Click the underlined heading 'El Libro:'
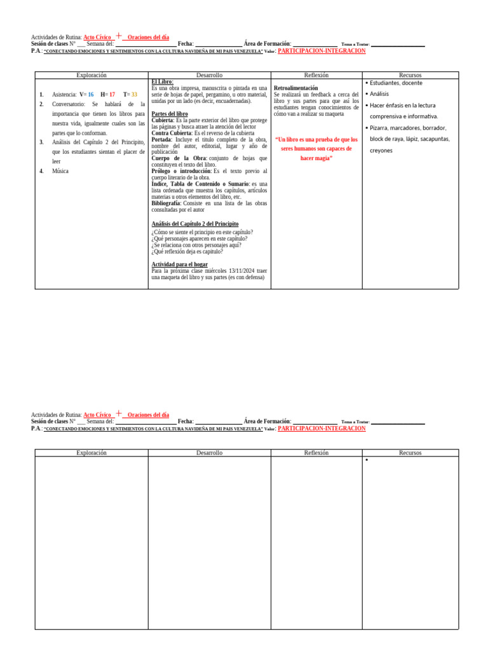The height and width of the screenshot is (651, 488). [163, 82]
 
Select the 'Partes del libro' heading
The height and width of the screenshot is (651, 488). [170, 114]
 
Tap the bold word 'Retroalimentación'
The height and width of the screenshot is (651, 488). [295, 88]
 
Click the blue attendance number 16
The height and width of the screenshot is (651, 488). [90, 94]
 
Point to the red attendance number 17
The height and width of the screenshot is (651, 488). [112, 94]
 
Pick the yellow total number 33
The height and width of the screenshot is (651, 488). [134, 94]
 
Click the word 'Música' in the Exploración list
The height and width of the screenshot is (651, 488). [61, 171]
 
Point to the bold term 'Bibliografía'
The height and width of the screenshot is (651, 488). [166, 203]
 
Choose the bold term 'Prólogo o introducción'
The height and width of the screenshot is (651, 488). [181, 171]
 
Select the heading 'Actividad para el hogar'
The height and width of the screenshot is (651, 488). [179, 264]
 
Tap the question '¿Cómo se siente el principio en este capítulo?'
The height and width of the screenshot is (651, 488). [202, 232]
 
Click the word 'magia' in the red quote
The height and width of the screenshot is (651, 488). [324, 158]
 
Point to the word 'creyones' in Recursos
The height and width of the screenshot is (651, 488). [381, 151]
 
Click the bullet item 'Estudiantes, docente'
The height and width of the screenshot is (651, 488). [396, 83]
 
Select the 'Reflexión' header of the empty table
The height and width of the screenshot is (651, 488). [316, 453]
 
